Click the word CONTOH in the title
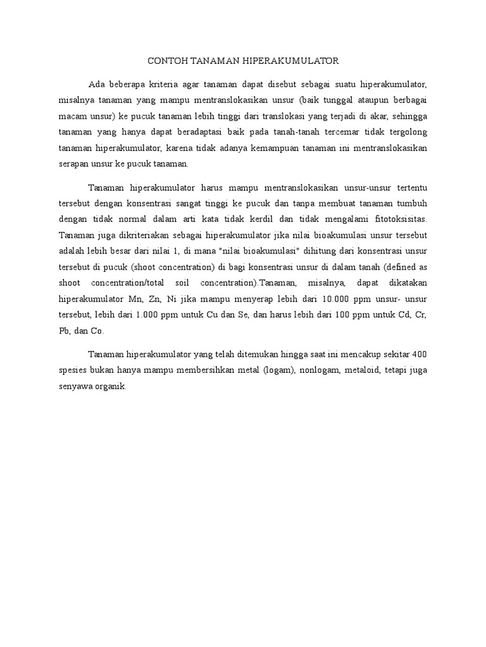click(x=164, y=61)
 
